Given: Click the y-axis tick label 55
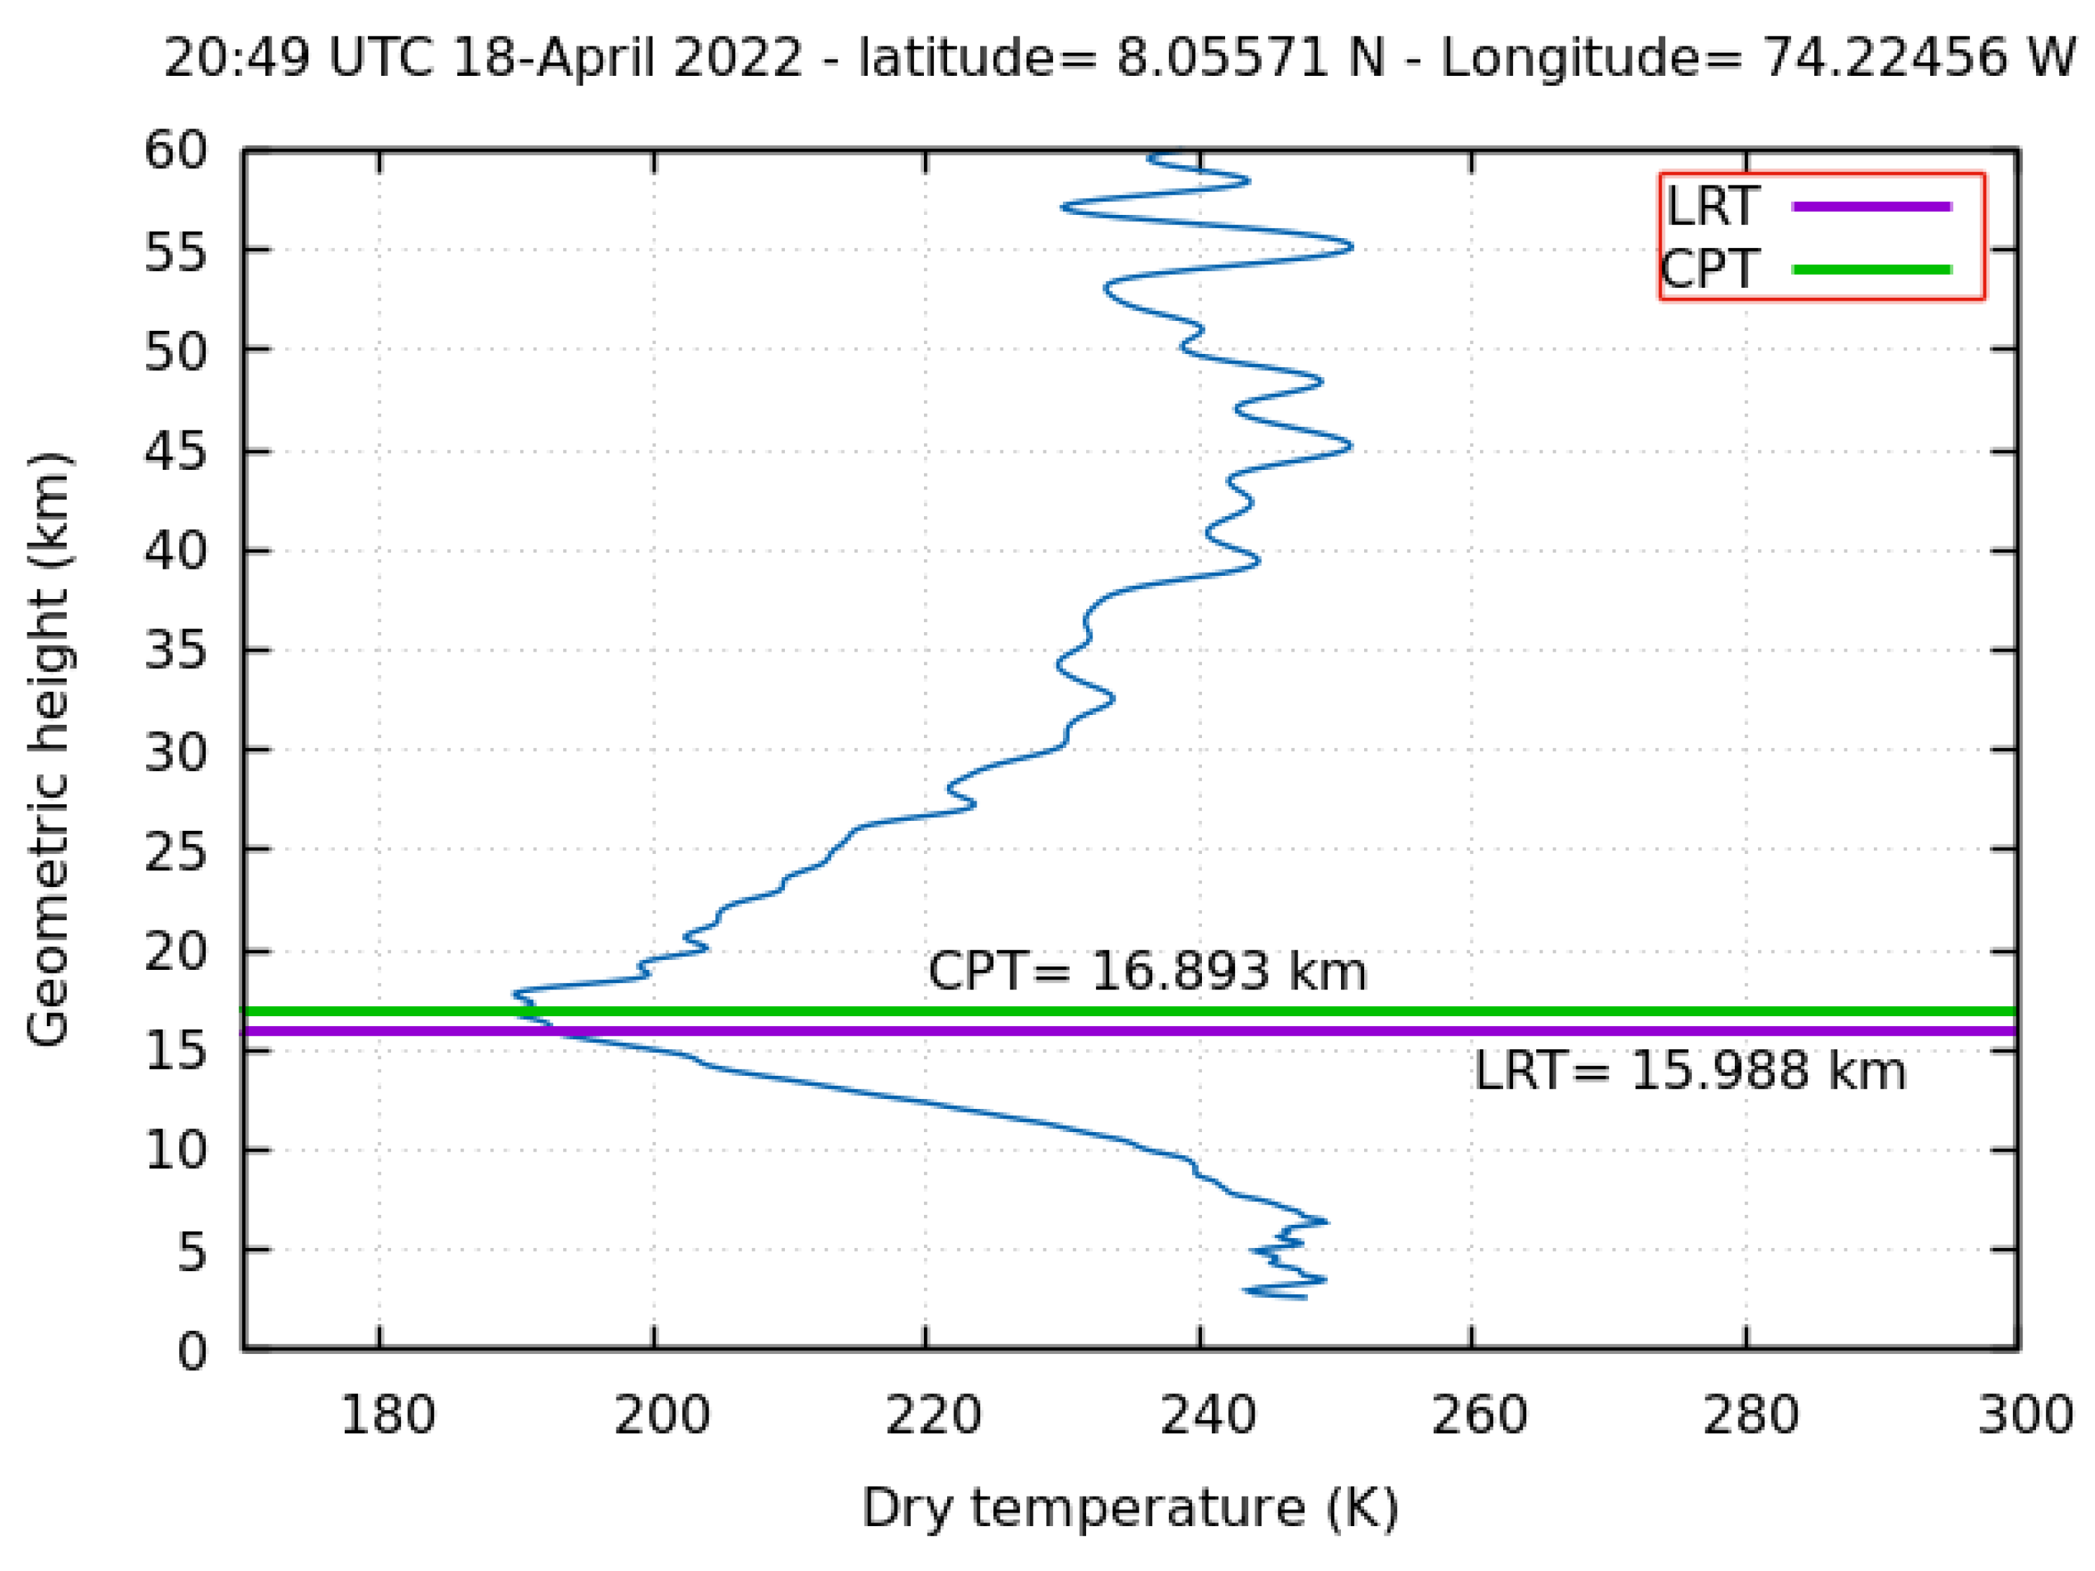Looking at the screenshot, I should click(x=176, y=253).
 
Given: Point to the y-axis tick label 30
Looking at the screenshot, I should click(x=176, y=754).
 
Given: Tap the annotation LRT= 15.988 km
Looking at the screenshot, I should click(x=1690, y=1072).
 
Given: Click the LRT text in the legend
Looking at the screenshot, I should click(x=1712, y=206).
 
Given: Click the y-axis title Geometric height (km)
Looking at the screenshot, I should click(x=49, y=749).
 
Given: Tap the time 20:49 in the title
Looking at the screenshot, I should click(x=237, y=59).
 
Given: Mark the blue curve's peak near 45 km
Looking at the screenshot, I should click(x=1349, y=445).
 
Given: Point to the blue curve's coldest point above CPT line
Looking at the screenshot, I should click(x=516, y=994).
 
